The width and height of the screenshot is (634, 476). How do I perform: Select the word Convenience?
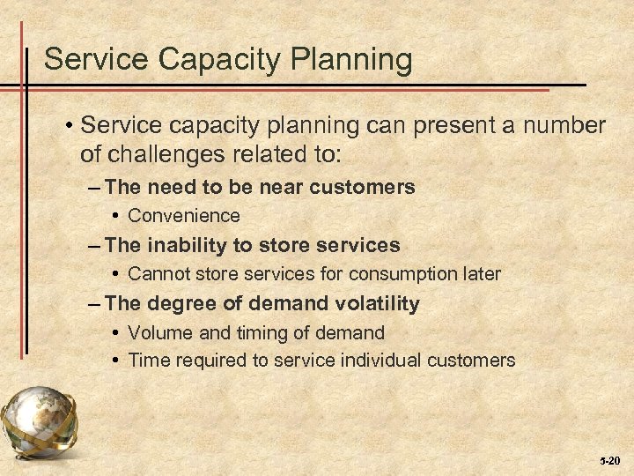pos(183,215)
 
